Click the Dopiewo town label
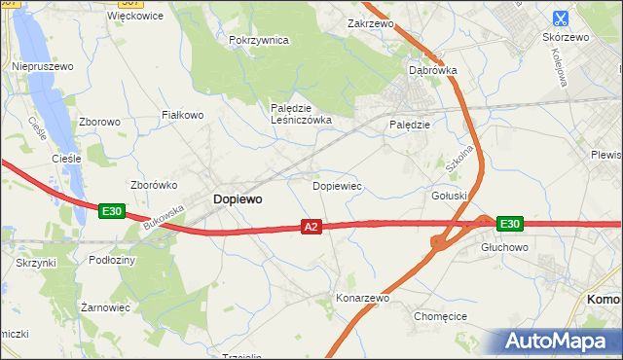(x=237, y=198)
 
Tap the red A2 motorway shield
(x=311, y=227)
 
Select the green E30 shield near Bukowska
(x=111, y=210)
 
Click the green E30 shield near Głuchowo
(x=510, y=224)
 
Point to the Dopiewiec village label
(x=337, y=184)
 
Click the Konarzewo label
(x=362, y=298)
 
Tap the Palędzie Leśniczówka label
(x=301, y=114)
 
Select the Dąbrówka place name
(x=433, y=70)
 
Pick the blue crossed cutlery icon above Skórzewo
(x=561, y=18)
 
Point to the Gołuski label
(x=450, y=195)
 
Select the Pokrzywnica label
(x=258, y=40)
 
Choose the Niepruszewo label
(x=43, y=66)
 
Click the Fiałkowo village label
(x=182, y=115)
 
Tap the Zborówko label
(x=152, y=184)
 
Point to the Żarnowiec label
(x=105, y=306)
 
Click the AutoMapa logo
(x=560, y=342)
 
